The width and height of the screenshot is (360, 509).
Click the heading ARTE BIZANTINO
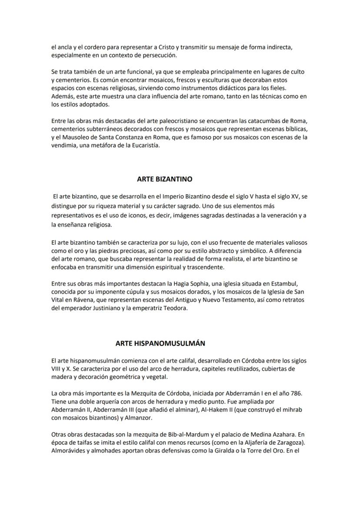(164, 179)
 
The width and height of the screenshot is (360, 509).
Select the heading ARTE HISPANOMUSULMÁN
(160, 343)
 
